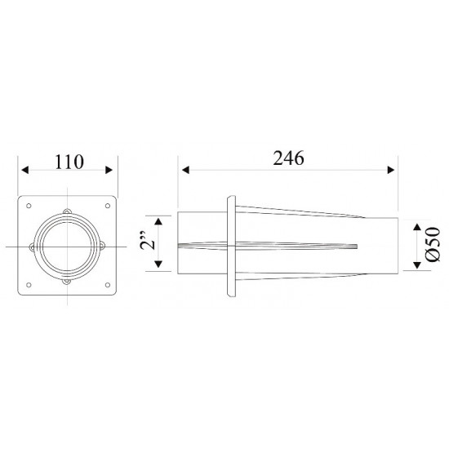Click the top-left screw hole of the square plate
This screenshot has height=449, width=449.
click(29, 206)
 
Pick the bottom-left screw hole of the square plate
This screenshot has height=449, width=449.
click(29, 284)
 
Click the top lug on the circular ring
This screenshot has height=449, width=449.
click(68, 214)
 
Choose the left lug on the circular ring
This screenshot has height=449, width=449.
click(35, 246)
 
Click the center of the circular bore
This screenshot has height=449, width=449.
click(68, 246)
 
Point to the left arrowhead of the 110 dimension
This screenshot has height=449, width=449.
click(24, 171)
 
